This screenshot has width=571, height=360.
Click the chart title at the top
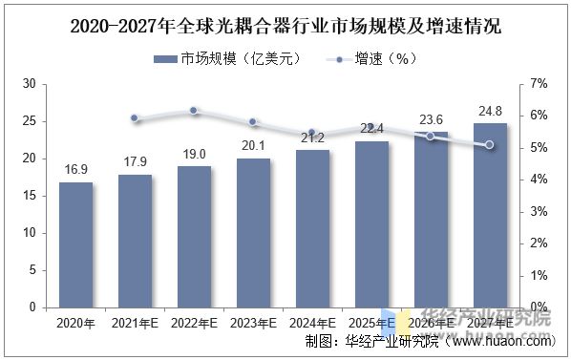285,26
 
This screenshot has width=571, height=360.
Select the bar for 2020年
75,244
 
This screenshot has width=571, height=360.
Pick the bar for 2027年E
490,215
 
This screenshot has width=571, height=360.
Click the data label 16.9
75,170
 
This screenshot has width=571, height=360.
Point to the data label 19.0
194,154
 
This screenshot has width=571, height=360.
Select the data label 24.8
490,111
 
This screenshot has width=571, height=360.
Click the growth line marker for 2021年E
135,118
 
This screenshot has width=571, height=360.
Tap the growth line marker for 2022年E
194,111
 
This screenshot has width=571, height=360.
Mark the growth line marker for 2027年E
490,145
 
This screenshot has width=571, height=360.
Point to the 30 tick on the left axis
29,84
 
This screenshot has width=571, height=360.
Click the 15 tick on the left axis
29,196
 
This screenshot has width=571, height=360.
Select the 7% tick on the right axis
539,84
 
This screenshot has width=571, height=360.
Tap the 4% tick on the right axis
539,180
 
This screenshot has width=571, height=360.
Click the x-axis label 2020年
75,324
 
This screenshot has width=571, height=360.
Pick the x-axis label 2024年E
312,324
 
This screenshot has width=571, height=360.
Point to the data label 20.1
253,146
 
